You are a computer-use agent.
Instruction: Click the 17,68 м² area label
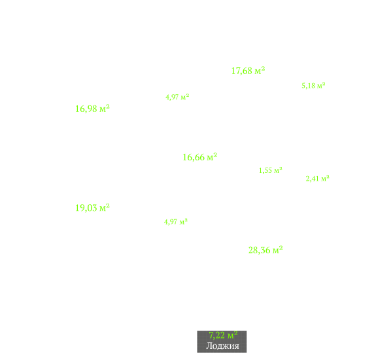[x=248, y=71]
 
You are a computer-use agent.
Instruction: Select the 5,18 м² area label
[x=313, y=86]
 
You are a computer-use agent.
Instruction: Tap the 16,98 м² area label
[x=93, y=109]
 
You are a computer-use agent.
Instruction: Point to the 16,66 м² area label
[x=200, y=157]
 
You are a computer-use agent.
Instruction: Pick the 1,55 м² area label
[x=271, y=170]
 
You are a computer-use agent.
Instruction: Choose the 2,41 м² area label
[x=318, y=179]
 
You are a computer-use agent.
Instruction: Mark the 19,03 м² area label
[x=93, y=208]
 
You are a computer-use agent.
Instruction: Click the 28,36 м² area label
[x=265, y=250]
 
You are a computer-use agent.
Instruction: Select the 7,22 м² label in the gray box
[x=223, y=335]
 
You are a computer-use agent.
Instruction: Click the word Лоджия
[x=222, y=346]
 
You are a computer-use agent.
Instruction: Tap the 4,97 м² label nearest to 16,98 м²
[x=177, y=97]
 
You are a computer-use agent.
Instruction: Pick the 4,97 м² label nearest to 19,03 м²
[x=176, y=222]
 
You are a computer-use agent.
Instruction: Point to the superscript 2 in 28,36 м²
[x=281, y=248]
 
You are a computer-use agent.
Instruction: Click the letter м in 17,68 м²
[x=258, y=71]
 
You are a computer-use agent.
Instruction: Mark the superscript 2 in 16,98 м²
[x=108, y=107]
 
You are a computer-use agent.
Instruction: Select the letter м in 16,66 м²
[x=210, y=158]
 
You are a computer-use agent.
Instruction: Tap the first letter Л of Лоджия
[x=209, y=346]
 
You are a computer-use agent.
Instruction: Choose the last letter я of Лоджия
[x=237, y=346]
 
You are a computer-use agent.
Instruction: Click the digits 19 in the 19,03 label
[x=80, y=208]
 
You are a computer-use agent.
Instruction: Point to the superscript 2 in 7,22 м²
[x=236, y=333]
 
